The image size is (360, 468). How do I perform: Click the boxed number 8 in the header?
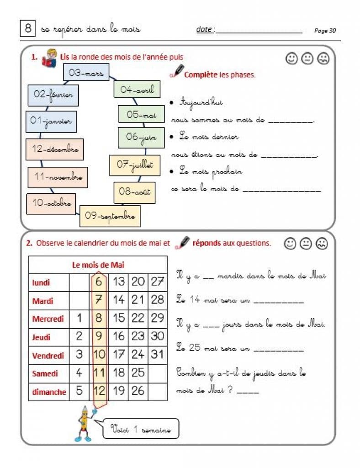point(27,29)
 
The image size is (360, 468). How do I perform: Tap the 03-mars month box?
point(86,72)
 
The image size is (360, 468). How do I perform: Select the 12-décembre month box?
point(55,149)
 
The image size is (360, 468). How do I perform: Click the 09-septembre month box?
point(110,216)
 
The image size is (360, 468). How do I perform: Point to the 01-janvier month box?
point(51,122)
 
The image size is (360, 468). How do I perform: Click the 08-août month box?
point(134,192)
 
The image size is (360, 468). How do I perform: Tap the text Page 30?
point(325,31)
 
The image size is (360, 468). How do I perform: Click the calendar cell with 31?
point(158,355)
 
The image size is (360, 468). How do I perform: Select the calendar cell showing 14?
point(118,300)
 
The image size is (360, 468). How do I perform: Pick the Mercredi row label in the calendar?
point(48,319)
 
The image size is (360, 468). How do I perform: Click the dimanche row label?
point(49,392)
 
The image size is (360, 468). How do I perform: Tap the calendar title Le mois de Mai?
point(98,265)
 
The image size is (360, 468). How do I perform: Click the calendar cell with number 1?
point(79,318)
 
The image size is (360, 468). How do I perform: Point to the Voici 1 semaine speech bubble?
point(141,430)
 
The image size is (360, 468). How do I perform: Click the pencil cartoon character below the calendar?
point(85,422)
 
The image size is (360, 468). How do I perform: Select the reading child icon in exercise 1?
point(48,59)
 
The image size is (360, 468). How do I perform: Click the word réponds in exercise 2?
point(207,243)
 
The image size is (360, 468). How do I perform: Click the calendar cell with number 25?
point(138,373)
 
